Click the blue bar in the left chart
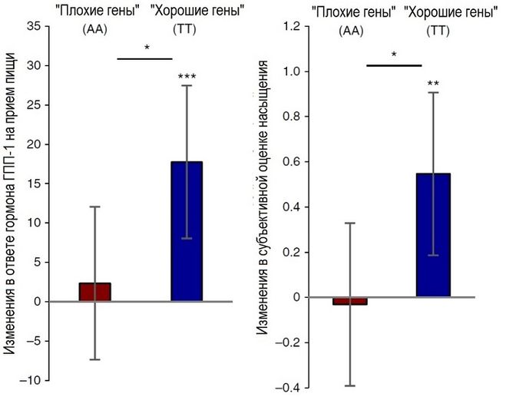point(187,231)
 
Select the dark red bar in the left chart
point(95,292)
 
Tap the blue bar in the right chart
point(434,235)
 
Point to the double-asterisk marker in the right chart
point(433,84)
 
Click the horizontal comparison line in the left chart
point(144,59)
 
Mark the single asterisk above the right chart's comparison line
point(394,55)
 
